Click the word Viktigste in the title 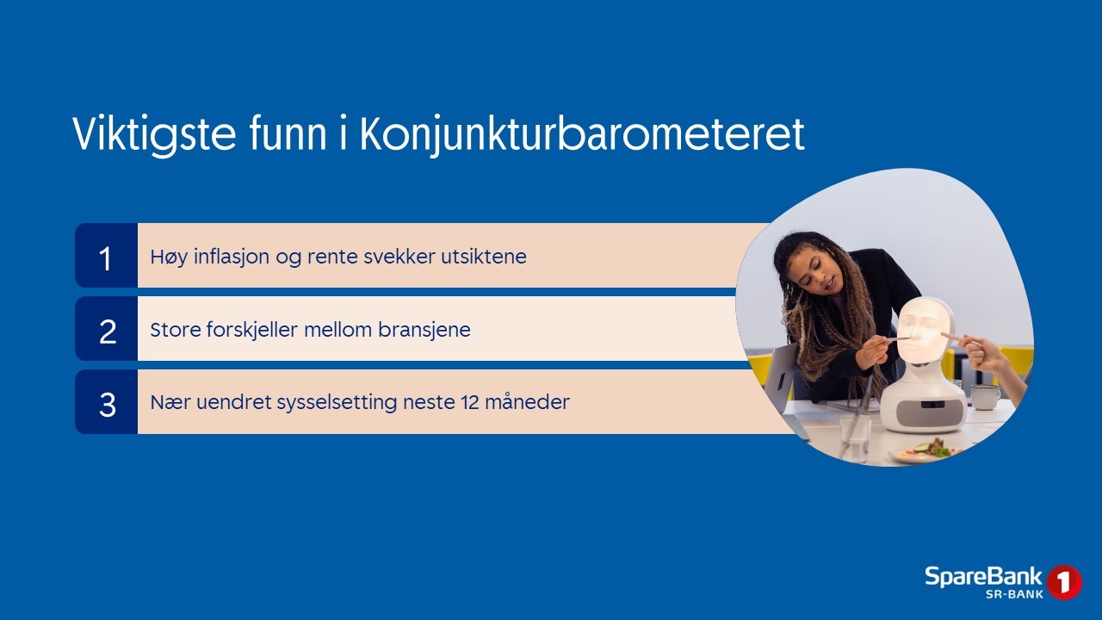click(154, 134)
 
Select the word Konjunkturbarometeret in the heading click(583, 134)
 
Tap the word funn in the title click(288, 133)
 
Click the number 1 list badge click(106, 256)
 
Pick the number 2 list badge click(106, 329)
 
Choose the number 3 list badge click(106, 402)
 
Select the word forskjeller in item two click(252, 330)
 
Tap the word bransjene click(424, 330)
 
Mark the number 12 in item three click(469, 402)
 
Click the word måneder click(527, 402)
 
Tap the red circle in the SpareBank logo click(1064, 582)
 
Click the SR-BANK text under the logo click(1014, 594)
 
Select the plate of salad click(924, 450)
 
